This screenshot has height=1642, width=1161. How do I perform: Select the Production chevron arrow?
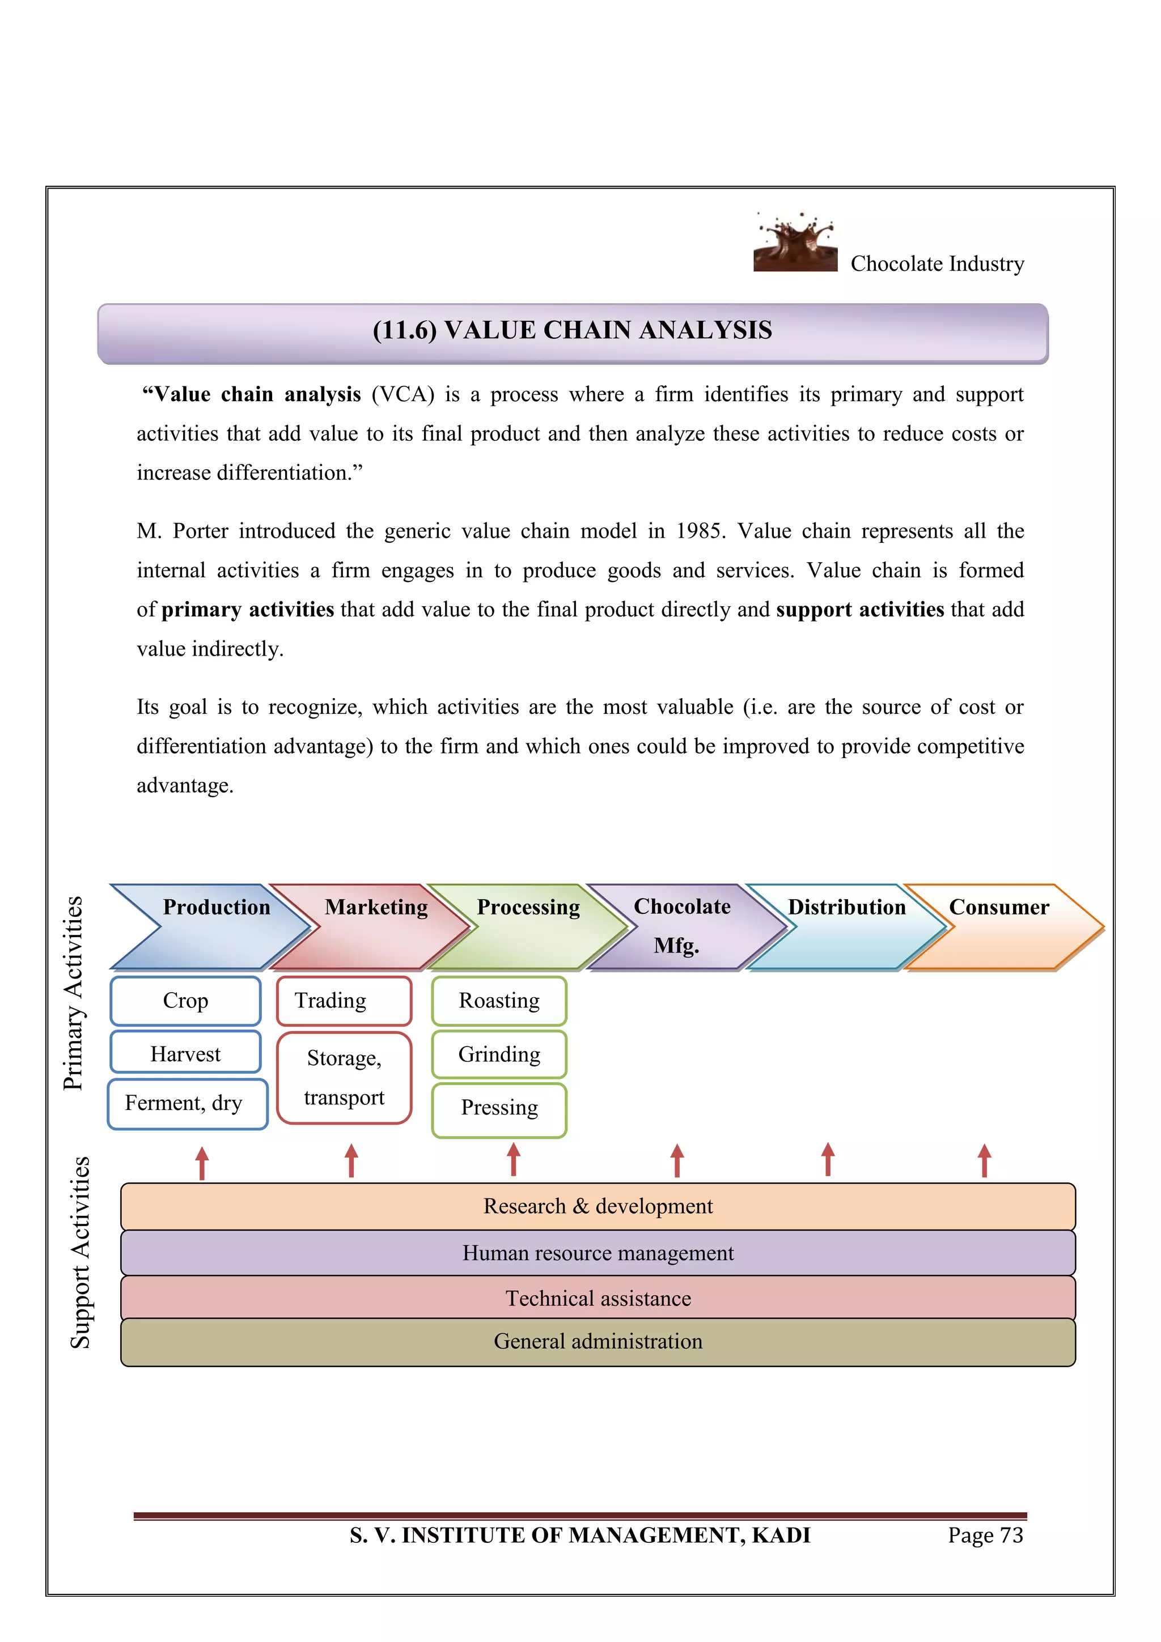pos(215,927)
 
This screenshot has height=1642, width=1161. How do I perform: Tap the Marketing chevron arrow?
pos(374,927)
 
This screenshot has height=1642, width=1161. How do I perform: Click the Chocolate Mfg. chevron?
pos(683,927)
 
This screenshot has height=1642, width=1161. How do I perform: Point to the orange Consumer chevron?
pos(1002,927)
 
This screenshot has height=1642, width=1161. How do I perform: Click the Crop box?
pos(185,1001)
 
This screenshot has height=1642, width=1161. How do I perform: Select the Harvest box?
pos(185,1053)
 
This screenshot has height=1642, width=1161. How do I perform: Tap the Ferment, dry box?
pos(185,1104)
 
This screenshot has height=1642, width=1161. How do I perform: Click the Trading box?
pos(344,1001)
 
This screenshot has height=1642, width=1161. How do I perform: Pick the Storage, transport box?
pos(344,1078)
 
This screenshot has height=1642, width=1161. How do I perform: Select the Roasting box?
pos(499,1001)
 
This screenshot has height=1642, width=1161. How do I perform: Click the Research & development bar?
pos(598,1206)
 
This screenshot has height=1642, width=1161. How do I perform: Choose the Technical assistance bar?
pos(598,1298)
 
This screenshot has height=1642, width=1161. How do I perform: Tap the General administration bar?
pos(598,1342)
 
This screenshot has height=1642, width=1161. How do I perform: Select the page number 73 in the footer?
pos(1011,1535)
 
